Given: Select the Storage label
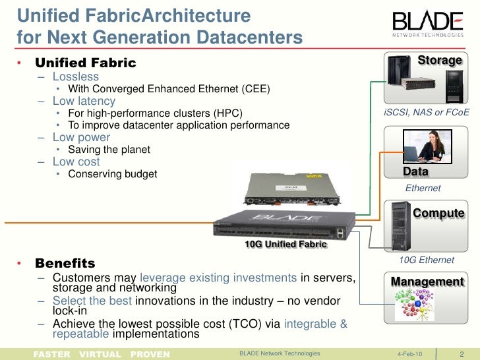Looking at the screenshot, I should point(440,61).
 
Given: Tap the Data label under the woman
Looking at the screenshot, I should point(415,172).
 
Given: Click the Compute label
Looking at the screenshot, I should point(438,214).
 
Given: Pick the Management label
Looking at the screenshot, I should point(427,282).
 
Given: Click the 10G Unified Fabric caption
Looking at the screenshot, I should point(285,245).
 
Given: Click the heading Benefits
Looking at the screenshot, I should point(65,263).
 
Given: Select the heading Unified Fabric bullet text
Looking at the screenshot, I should point(85,63).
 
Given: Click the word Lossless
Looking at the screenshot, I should point(76,76).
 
